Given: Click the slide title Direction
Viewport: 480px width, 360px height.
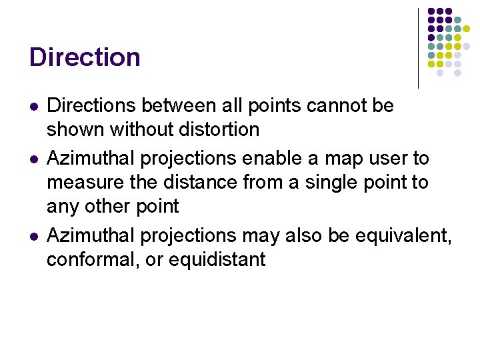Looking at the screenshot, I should [x=85, y=57].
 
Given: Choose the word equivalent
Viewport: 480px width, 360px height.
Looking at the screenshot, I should [x=403, y=236].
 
